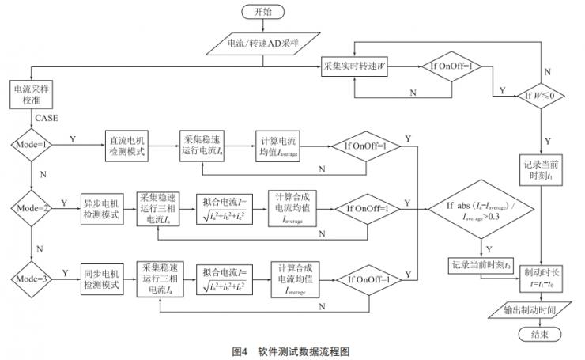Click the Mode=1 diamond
coord(30,146)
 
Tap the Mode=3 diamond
coord(30,279)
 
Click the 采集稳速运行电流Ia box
coord(205,146)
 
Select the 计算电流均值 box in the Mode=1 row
coord(278,146)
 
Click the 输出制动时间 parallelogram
coord(540,311)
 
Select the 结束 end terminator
coord(540,335)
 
